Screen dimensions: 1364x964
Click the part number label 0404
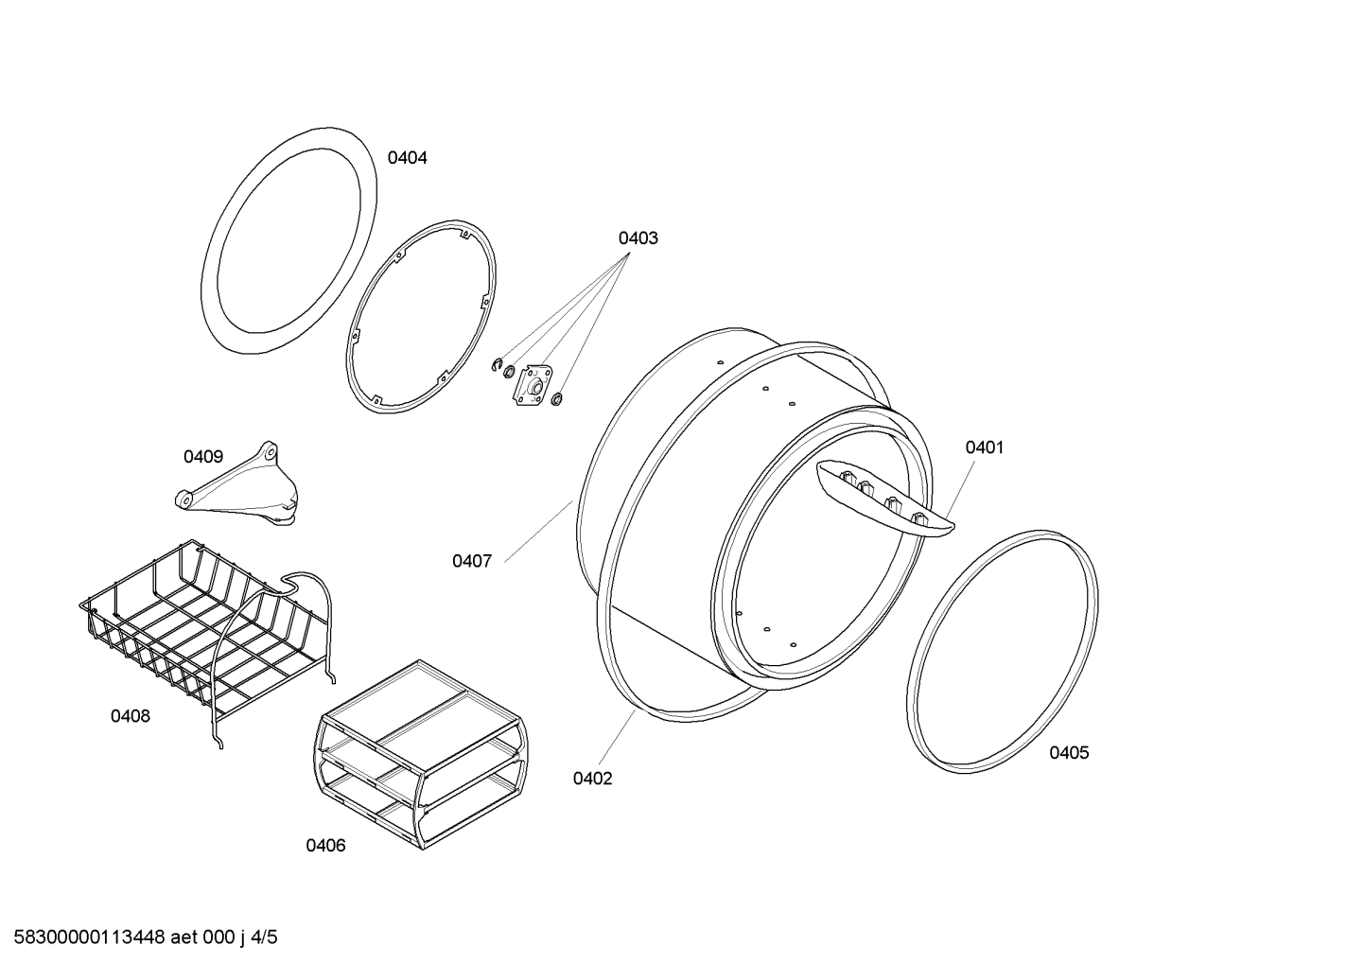pos(408,158)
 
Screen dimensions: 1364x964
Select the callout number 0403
pos(638,238)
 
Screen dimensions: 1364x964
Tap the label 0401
pos(985,447)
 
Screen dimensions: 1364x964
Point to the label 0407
pos(472,561)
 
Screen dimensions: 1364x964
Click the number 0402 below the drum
pos(592,779)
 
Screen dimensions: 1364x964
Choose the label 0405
pos(1069,753)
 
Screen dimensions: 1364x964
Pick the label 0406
pos(325,845)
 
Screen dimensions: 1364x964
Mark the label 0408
pos(131,716)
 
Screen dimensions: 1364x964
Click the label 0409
pos(203,457)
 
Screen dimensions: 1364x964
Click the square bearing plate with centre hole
pos(534,385)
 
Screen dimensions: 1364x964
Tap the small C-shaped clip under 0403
pos(497,365)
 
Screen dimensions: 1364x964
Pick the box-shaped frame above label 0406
pos(421,755)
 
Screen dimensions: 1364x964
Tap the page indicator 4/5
pos(264,938)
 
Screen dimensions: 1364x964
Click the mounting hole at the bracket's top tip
pos(271,452)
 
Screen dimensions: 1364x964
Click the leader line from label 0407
pos(539,531)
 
